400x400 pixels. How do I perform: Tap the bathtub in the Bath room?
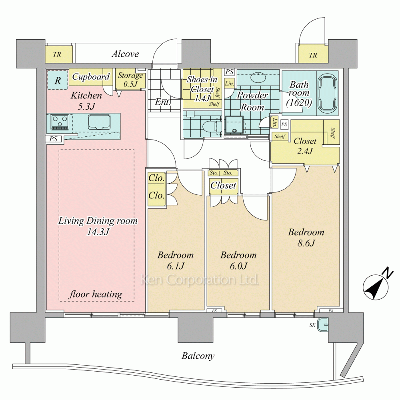click(327, 93)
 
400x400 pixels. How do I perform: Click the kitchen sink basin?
click(99, 122)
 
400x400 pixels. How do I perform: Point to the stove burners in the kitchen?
click(59, 122)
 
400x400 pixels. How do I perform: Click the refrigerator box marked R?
click(58, 80)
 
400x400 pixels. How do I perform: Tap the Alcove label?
click(125, 54)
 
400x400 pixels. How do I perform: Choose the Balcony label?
click(198, 356)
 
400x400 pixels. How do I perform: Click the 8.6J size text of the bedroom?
click(306, 243)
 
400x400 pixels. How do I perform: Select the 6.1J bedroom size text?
click(175, 266)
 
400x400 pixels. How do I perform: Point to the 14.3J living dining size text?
click(98, 232)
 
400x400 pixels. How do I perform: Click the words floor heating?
click(96, 295)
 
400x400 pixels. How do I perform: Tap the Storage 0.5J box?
click(130, 80)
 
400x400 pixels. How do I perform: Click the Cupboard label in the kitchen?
click(91, 77)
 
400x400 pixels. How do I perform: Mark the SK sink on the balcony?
click(322, 325)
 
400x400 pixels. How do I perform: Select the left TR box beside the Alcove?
click(58, 55)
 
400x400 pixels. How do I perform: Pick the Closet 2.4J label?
click(305, 146)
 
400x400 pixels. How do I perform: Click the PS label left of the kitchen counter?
click(53, 139)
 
